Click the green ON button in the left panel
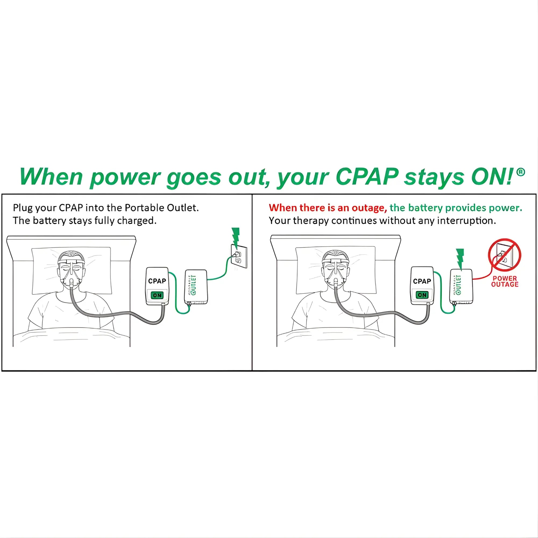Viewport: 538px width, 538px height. [157, 295]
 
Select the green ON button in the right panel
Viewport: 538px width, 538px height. [422, 295]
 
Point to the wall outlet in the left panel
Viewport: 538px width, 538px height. [239, 256]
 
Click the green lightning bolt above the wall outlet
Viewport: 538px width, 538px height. [236, 236]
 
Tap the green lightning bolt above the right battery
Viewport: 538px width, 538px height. [460, 258]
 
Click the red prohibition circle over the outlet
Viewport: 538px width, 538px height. [504, 255]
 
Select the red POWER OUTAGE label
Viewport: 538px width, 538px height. [505, 281]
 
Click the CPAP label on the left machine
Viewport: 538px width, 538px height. [157, 281]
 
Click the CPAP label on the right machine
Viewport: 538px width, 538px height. [422, 281]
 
